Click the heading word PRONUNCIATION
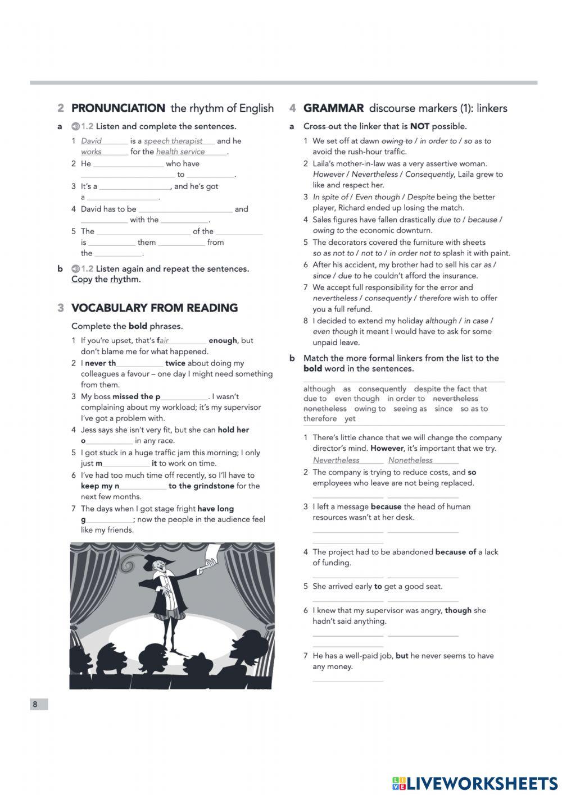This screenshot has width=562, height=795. pos(118,108)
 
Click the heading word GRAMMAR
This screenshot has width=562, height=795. pos(333,108)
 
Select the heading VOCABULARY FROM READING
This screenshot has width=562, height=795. pos(154,308)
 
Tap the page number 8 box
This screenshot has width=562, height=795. pos(38,705)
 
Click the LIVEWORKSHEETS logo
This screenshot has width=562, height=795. pos(474,783)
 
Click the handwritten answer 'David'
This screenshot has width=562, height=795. pos(91,141)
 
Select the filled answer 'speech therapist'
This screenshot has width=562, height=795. pos(173,141)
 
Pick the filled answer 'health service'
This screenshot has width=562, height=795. pos(180,152)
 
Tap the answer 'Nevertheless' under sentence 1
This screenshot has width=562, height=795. pos(336,460)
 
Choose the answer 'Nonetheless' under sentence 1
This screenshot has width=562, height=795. pos(410,460)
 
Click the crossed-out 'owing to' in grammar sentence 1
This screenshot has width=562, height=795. pos(397,141)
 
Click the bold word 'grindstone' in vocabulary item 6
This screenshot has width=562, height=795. pos(214,486)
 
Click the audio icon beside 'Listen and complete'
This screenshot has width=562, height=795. pos(75,126)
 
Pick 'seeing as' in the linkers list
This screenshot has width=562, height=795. pos(410,409)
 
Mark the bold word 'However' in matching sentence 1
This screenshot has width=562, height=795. pos(387,449)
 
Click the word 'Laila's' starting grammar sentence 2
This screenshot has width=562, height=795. pos(325,164)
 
